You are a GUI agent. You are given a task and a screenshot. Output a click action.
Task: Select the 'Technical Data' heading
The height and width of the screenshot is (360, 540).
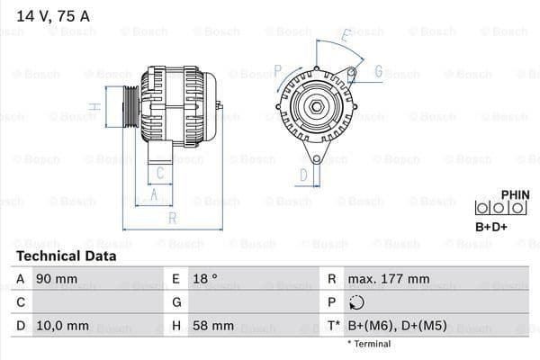pos(66,256)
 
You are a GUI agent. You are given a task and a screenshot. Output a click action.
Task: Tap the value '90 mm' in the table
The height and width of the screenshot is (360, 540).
pos(56,279)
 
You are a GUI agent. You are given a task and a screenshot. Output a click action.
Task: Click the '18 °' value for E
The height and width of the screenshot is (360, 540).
pos(205,279)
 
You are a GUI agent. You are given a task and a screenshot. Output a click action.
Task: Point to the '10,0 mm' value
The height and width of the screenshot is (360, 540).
pos(62,325)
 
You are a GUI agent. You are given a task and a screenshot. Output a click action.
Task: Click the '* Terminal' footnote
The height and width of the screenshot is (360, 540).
pos(369,344)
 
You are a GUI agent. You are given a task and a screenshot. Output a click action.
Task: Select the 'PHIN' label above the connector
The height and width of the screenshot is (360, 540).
pos(514,193)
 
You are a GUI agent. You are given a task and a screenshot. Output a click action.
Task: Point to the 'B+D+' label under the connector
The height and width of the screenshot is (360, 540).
pos(490,227)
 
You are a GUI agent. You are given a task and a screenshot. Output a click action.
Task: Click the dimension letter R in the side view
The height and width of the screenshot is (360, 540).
pos(172,217)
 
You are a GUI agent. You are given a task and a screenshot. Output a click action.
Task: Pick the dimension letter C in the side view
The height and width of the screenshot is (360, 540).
pos(159,172)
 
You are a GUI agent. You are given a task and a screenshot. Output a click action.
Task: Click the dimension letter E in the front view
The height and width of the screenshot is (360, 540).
pos(345,37)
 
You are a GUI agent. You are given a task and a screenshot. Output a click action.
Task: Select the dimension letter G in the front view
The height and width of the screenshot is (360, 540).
pos(378,71)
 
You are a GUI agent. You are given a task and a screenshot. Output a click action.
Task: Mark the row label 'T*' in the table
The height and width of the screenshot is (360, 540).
pos(333,325)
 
